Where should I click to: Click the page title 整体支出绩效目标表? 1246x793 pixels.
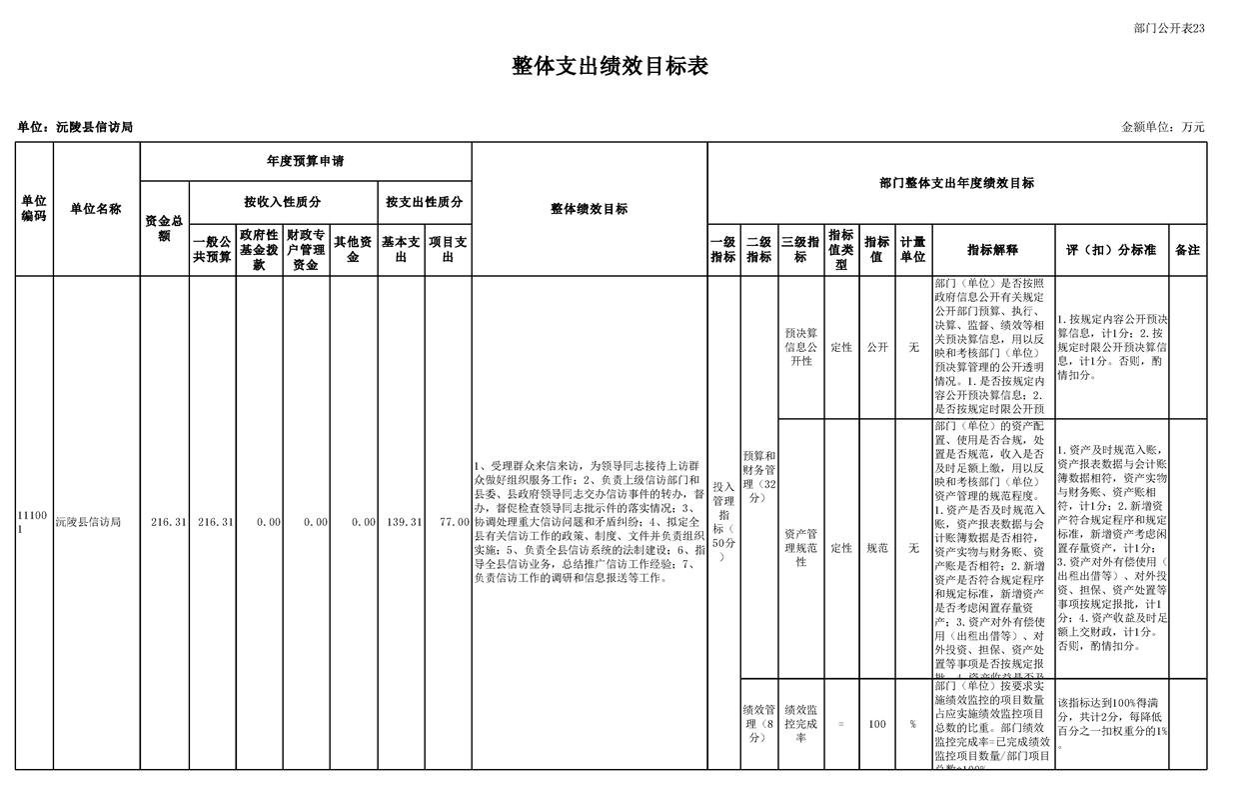click(610, 67)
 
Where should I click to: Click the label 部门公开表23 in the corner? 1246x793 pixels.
click(1169, 28)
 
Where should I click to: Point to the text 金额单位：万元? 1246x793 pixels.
click(1163, 127)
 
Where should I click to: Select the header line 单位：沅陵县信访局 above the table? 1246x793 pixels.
click(75, 127)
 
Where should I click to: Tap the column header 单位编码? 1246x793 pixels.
click(34, 209)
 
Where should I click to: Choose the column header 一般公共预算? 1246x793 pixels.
click(212, 249)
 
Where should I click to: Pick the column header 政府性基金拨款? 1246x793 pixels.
click(259, 249)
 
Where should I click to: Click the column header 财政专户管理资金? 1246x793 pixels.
click(306, 249)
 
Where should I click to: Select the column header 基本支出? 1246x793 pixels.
click(401, 249)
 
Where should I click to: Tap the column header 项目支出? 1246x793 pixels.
click(448, 249)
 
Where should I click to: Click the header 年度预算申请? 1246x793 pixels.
click(306, 161)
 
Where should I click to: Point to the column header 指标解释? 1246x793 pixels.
click(992, 250)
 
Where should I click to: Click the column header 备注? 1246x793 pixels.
click(1187, 250)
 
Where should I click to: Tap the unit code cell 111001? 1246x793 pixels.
click(33, 521)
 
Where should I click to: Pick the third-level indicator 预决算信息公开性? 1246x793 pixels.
click(800, 347)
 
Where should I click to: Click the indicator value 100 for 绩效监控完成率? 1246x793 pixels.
click(877, 724)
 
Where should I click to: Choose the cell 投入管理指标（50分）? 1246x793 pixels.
click(722, 521)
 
